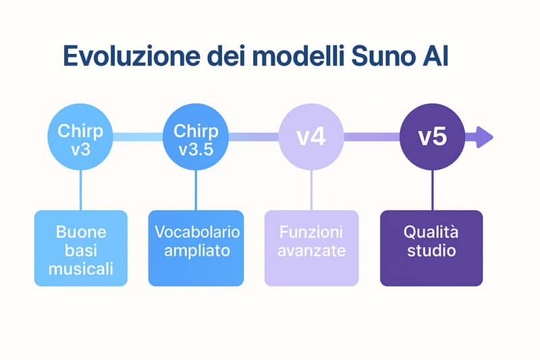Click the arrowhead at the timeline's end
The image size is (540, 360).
[x=485, y=137]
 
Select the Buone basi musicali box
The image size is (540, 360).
[x=81, y=248]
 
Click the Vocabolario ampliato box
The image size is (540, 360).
[x=196, y=248]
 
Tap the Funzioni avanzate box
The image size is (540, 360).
[x=311, y=248]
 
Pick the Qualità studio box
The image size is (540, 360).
[x=431, y=248]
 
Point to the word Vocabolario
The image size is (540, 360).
[x=196, y=232]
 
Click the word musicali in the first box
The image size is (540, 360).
[x=81, y=269]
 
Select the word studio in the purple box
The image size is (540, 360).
[x=431, y=251]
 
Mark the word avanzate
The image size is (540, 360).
[x=311, y=251]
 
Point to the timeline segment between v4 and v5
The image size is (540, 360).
[x=371, y=137]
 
